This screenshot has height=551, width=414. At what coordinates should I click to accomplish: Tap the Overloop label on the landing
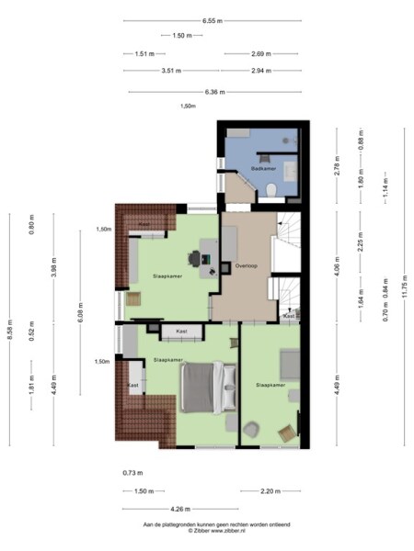(246, 265)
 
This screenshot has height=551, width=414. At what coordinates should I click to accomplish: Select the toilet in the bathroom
(273, 189)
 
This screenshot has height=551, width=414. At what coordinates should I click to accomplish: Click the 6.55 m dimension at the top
(213, 19)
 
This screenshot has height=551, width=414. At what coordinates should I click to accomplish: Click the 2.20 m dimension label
(269, 491)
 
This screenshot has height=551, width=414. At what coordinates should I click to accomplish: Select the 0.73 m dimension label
(132, 473)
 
